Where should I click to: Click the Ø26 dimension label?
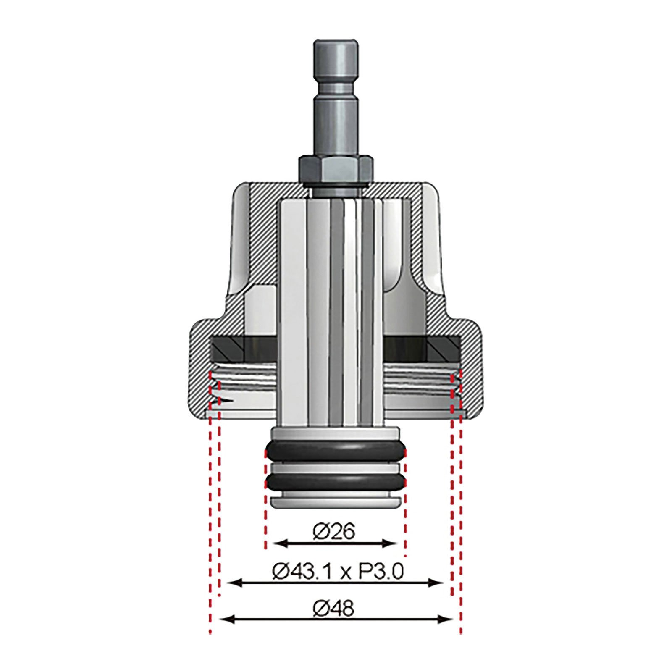tap(334, 532)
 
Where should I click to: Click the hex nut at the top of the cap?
tap(336, 168)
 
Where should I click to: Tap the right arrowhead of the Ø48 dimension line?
tap(446, 619)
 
